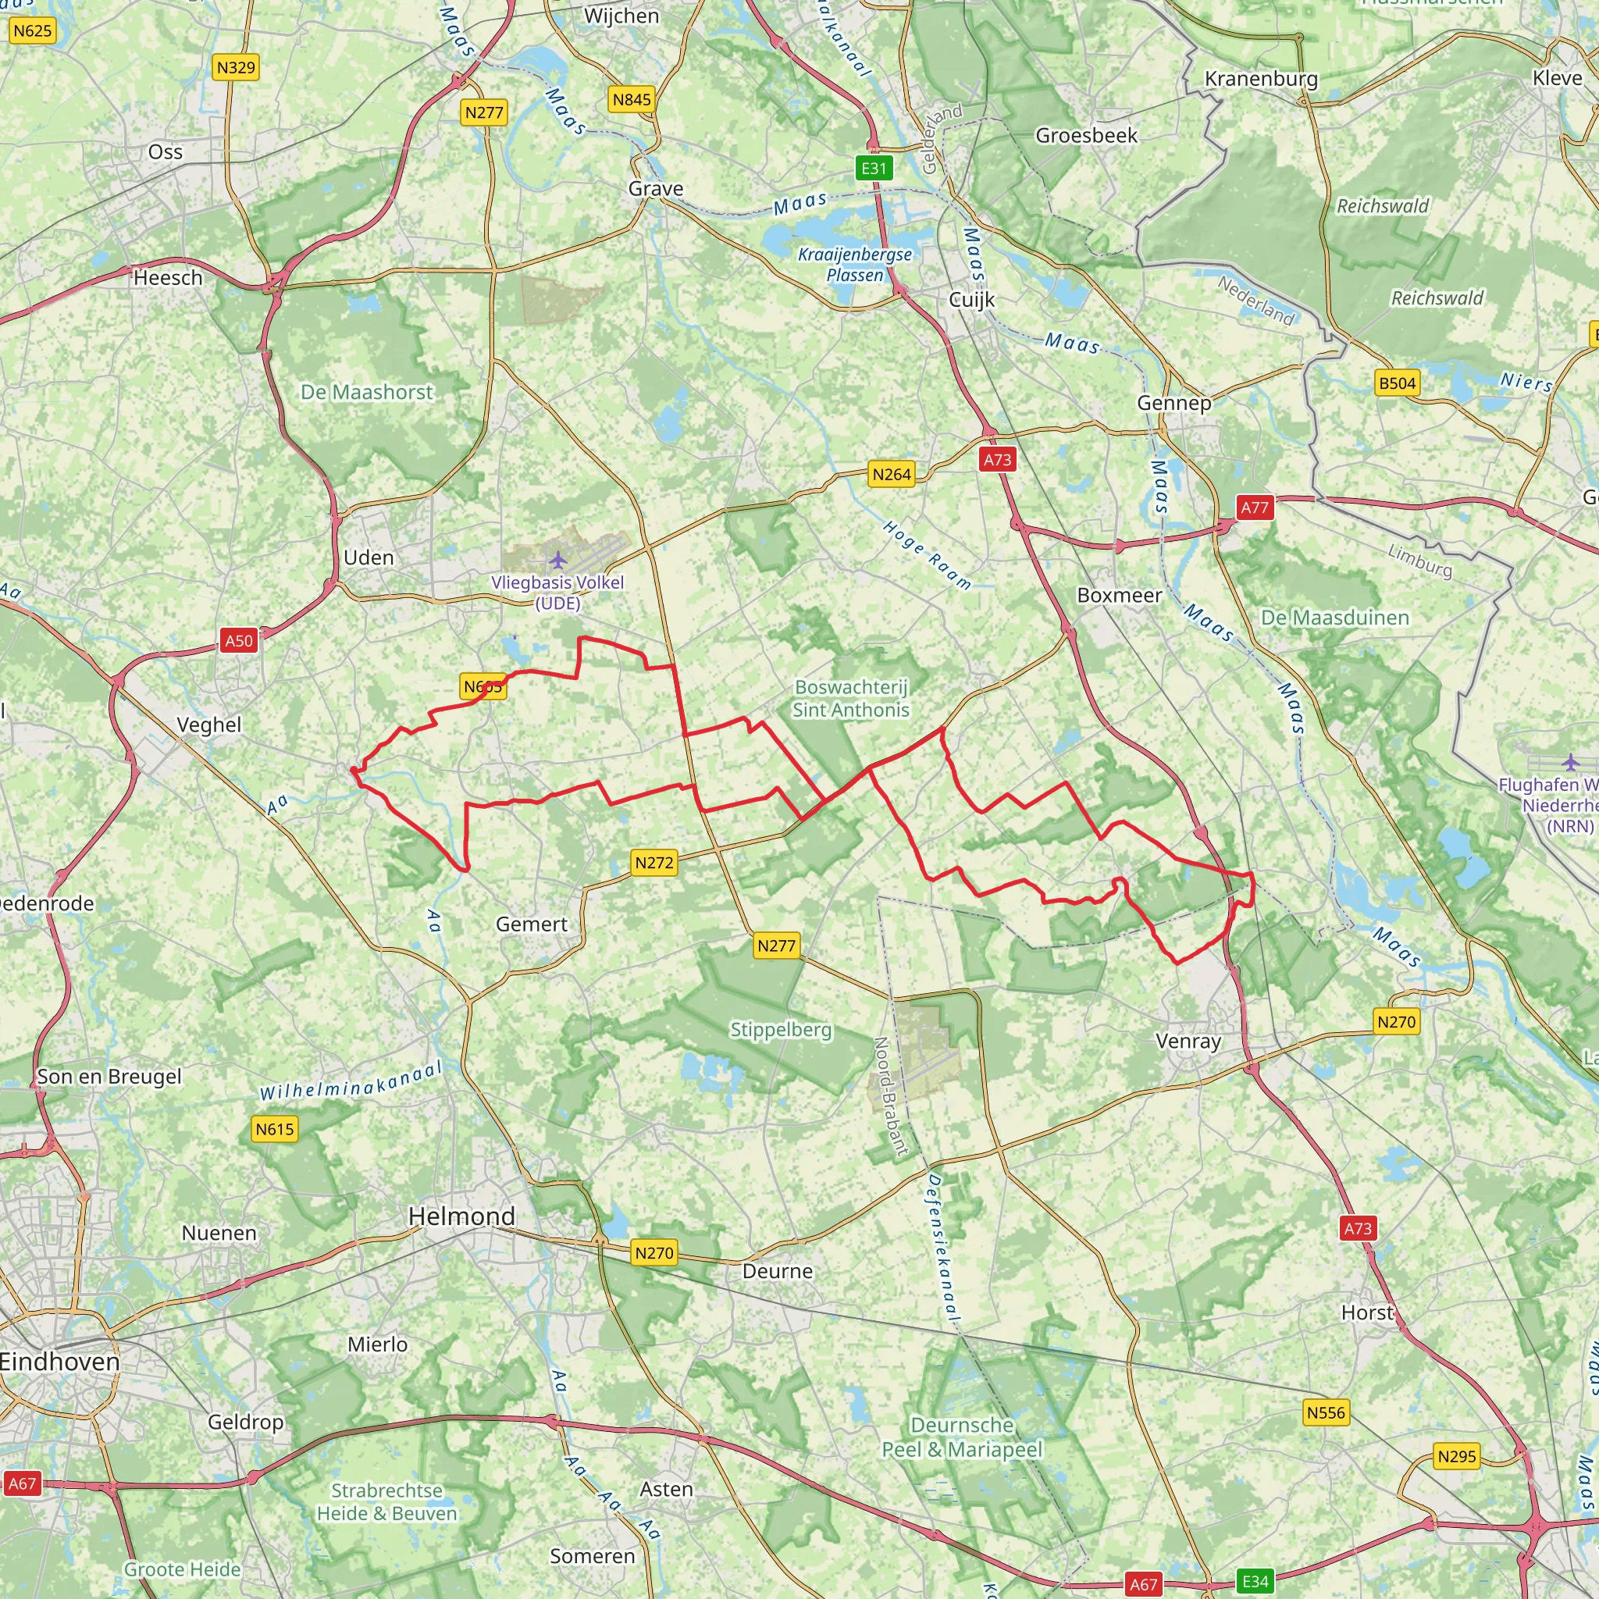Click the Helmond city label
click(462, 1216)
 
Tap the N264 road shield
click(892, 474)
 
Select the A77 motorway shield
click(1254, 507)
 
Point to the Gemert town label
click(532, 924)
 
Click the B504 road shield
click(1397, 383)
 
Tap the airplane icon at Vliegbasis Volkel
click(559, 561)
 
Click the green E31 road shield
click(874, 169)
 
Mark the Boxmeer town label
click(1119, 595)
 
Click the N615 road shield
click(274, 1129)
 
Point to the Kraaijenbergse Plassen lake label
click(854, 264)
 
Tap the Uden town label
click(369, 557)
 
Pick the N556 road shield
click(1326, 1412)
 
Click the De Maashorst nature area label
click(367, 391)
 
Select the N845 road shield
click(632, 100)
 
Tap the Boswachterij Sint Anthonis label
click(851, 698)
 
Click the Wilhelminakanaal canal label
click(351, 1081)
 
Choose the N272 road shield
click(653, 863)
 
